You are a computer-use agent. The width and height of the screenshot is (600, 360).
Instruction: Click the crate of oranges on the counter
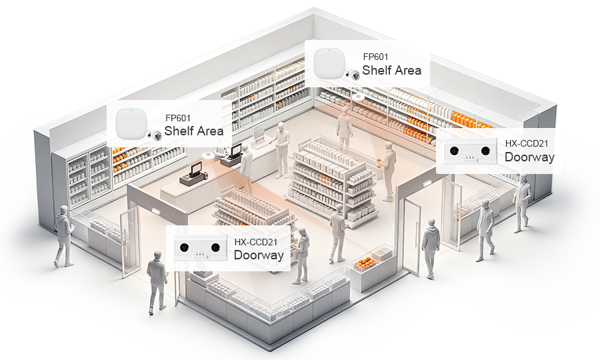(x=364, y=263)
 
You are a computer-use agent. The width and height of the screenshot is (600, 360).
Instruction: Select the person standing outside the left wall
(x=64, y=236)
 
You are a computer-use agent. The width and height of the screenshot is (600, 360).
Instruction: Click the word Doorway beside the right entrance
(x=529, y=157)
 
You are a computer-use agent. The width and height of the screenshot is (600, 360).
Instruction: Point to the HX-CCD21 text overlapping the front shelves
(x=255, y=242)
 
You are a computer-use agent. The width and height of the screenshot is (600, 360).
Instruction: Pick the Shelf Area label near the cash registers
(x=193, y=131)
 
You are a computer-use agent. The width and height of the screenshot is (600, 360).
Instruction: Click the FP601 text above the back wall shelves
(x=375, y=57)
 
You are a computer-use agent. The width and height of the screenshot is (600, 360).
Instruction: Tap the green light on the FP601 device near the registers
(x=131, y=110)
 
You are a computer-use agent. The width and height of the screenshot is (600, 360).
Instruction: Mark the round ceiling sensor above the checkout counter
(x=208, y=155)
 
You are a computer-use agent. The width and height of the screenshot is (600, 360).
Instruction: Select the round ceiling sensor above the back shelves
(x=358, y=97)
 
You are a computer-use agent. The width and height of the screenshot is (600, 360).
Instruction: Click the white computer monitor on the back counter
(x=259, y=133)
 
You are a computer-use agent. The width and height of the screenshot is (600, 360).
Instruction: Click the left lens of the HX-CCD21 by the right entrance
(x=454, y=151)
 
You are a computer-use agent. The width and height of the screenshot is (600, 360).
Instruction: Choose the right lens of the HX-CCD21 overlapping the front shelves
(x=215, y=247)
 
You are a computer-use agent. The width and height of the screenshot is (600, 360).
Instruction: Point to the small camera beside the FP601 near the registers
(x=155, y=135)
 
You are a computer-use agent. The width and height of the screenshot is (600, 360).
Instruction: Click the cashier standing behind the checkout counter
(x=247, y=168)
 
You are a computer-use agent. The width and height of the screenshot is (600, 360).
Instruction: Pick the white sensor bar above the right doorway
(x=428, y=183)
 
